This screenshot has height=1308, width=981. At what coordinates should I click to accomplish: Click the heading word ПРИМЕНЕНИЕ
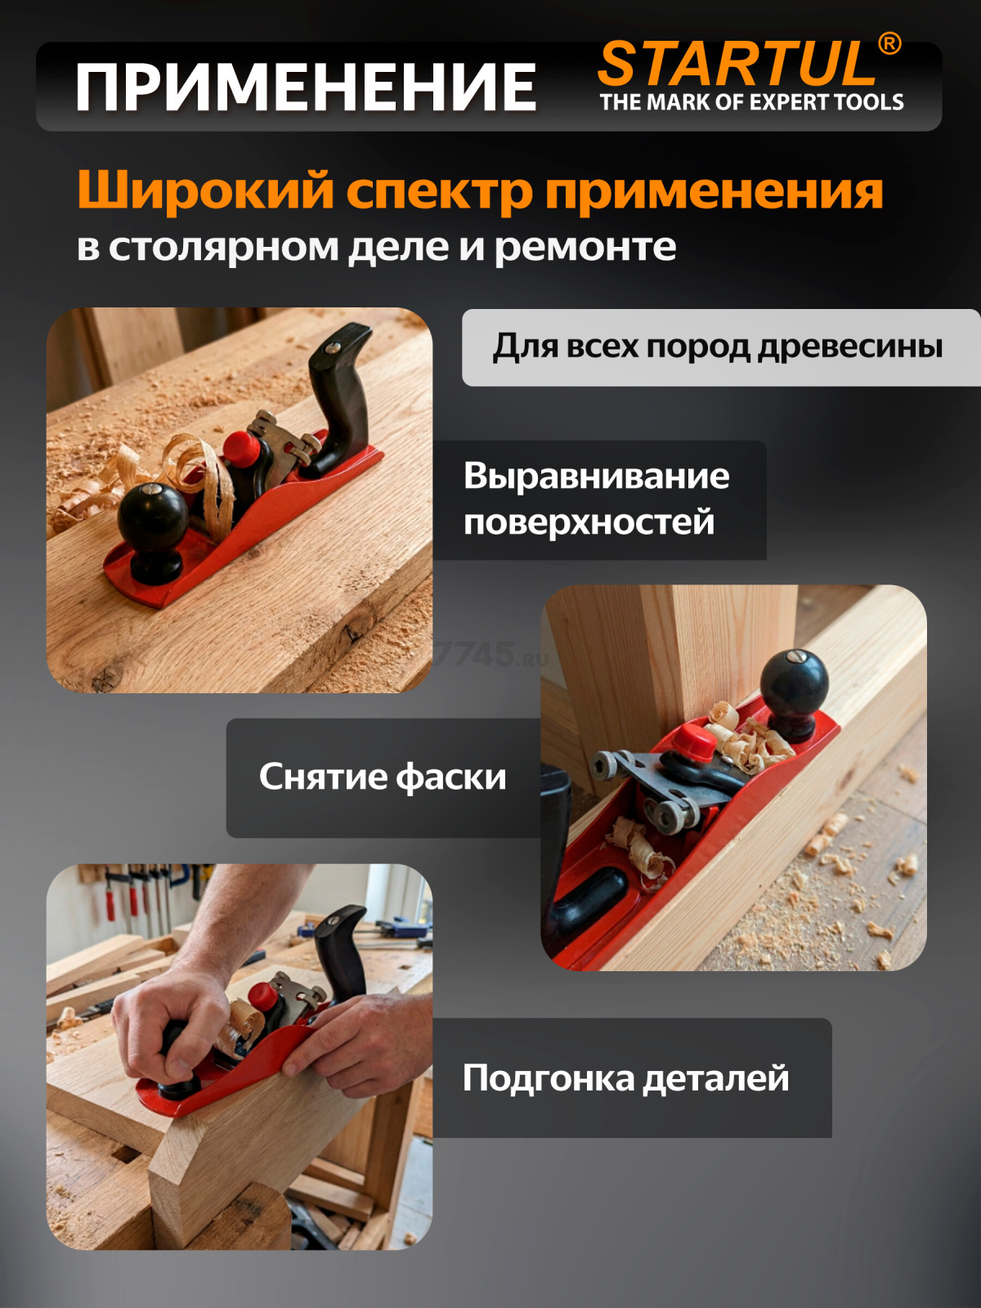[306, 87]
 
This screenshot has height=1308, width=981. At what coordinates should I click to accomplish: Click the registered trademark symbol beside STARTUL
[889, 44]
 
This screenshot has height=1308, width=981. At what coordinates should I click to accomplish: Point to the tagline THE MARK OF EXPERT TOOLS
[751, 102]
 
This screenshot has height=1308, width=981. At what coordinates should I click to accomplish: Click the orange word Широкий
[205, 191]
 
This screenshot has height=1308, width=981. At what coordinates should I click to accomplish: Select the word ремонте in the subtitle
[585, 247]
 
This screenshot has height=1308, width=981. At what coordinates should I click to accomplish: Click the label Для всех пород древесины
[717, 347]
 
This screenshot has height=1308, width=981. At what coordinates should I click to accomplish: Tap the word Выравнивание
[596, 476]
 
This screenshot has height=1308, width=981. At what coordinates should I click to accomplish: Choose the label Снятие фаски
[383, 777]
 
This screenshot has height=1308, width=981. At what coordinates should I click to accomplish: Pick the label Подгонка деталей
[625, 1077]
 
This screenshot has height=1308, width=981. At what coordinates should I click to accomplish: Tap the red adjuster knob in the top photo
[241, 447]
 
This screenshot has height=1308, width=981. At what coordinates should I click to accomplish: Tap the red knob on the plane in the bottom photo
[262, 996]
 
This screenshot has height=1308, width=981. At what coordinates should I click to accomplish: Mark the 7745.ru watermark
[490, 655]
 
